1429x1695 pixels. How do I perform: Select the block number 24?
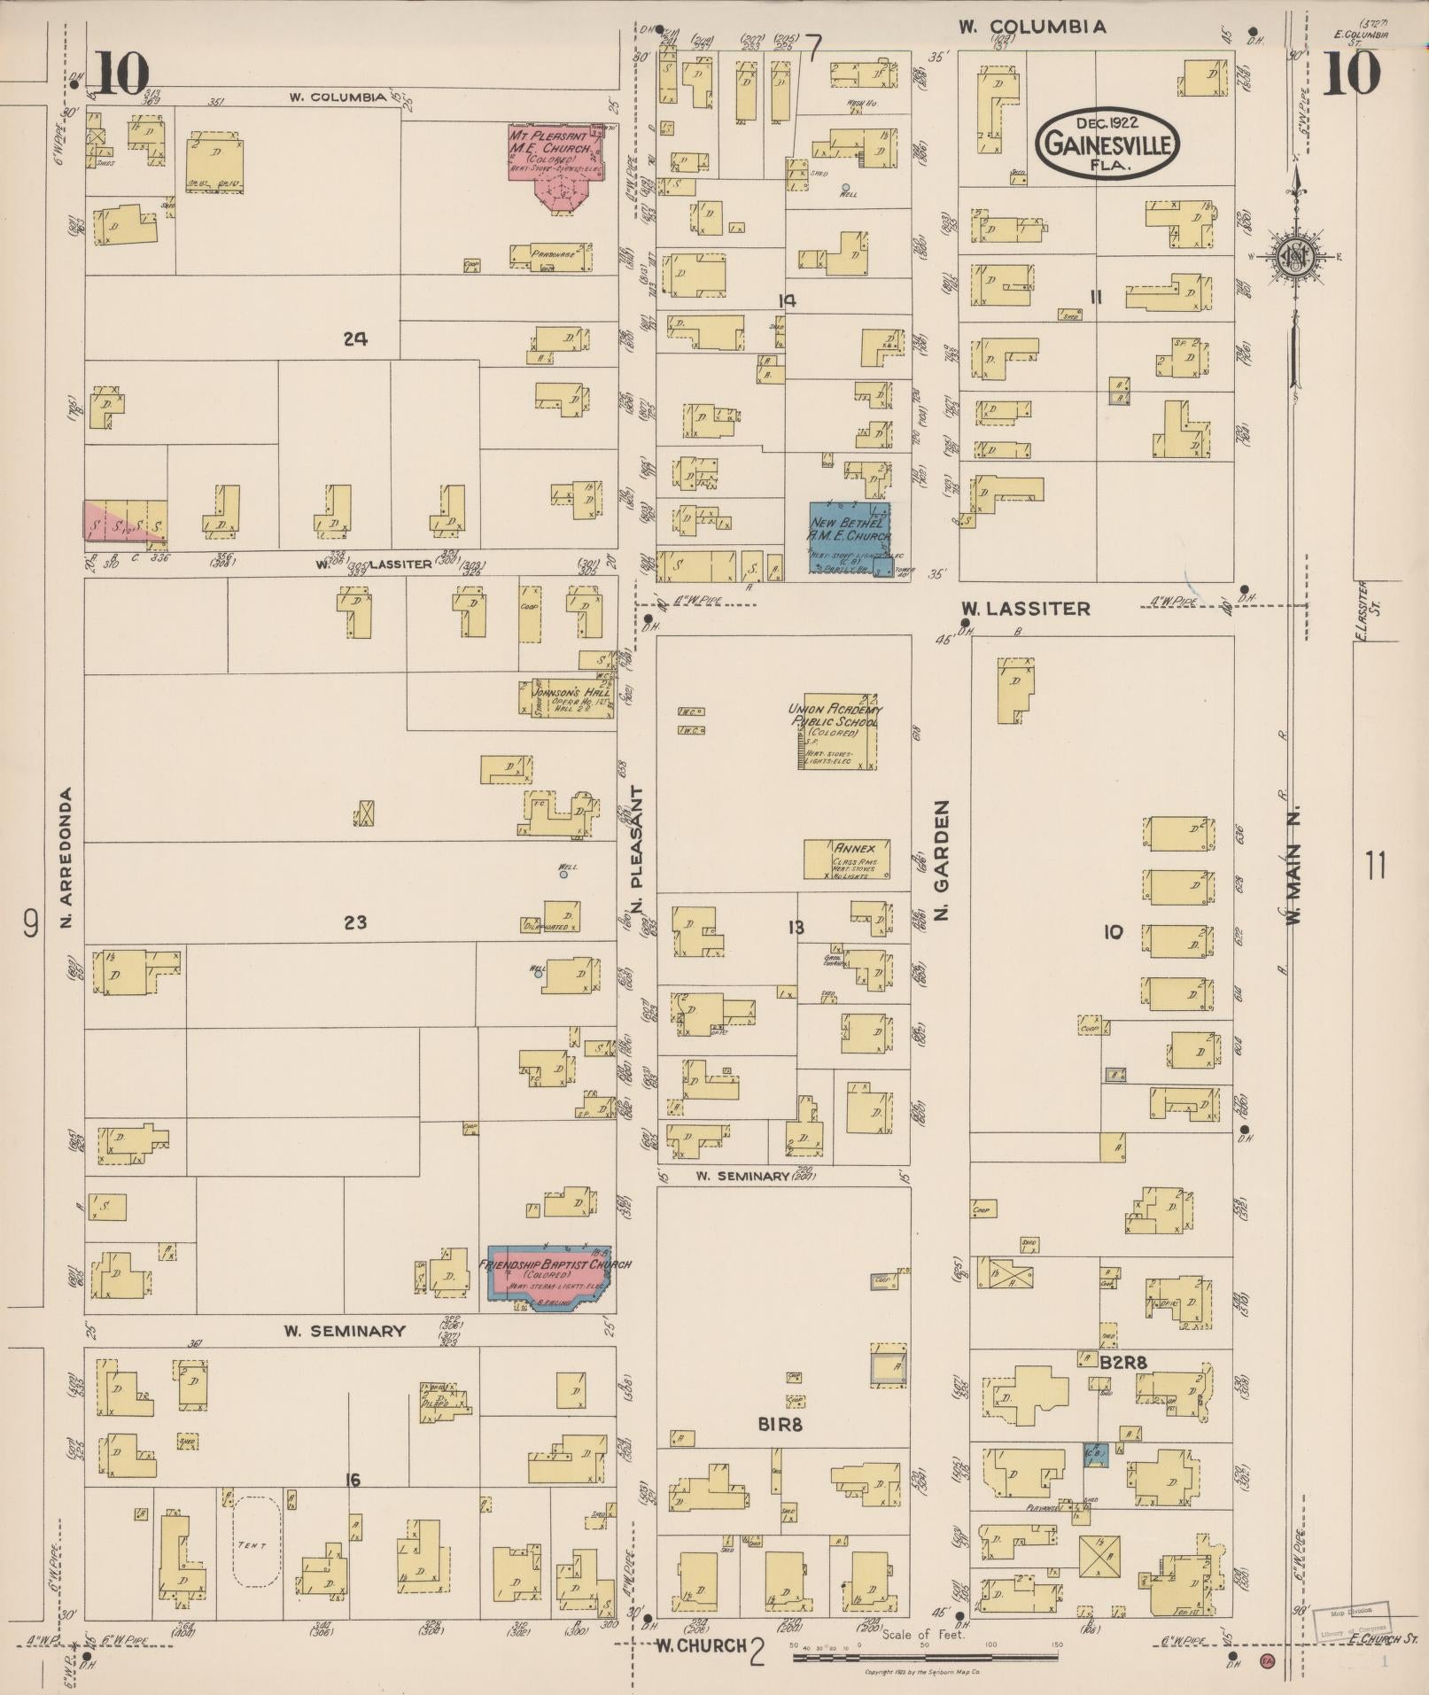[x=355, y=338]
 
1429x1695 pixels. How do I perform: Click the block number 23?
[x=354, y=922]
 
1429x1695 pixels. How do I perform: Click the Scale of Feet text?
[x=922, y=1634]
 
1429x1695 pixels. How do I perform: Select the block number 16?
[x=353, y=1479]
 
